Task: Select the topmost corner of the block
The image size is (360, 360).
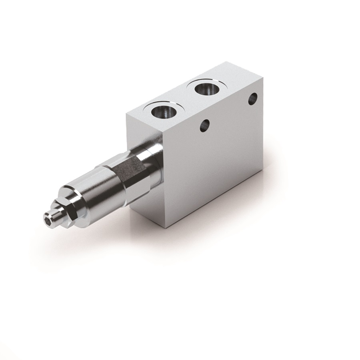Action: [228, 62]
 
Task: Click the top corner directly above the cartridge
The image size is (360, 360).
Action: [126, 114]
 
